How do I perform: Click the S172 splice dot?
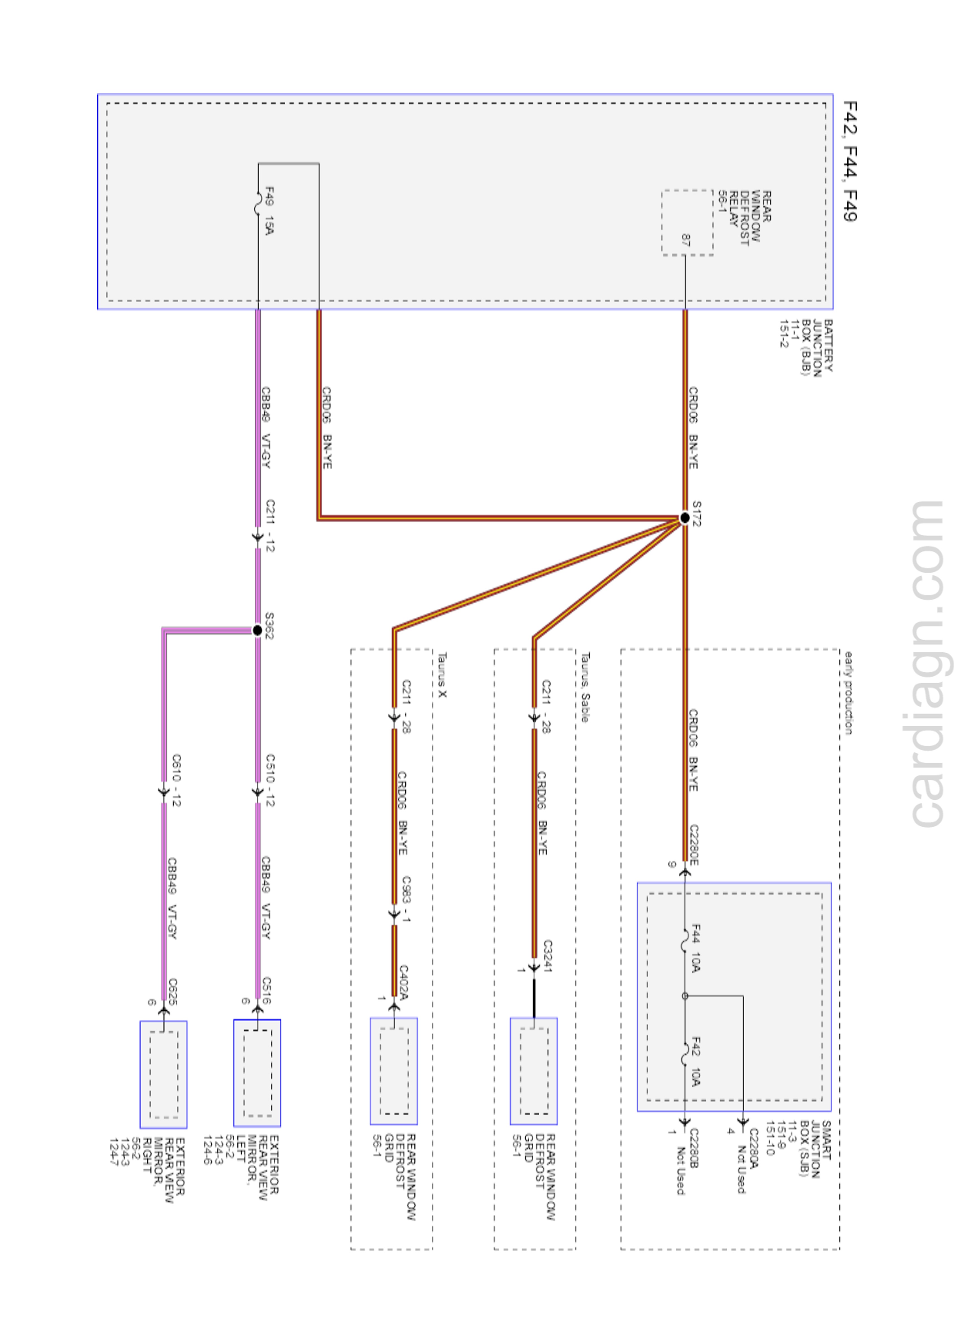684,518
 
